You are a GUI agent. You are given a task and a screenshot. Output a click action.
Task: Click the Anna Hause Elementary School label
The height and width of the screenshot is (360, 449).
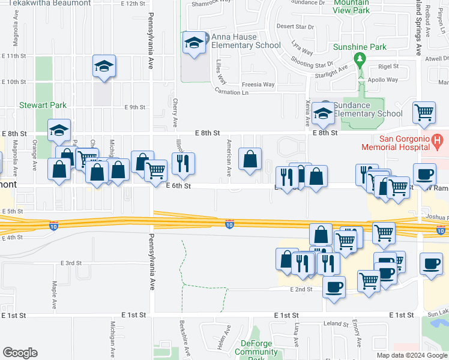[x=246, y=41]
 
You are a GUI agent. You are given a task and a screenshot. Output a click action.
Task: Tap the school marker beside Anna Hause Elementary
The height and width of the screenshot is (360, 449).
[x=194, y=43]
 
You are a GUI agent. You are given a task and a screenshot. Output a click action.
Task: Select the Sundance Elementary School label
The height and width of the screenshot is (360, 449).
[x=369, y=109]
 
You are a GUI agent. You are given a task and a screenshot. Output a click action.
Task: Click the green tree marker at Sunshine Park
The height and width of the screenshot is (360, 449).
[x=360, y=59]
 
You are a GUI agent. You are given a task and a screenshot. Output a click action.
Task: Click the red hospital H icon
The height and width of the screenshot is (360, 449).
[x=438, y=142]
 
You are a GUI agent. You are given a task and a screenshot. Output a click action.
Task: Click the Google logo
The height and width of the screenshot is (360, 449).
[x=20, y=353]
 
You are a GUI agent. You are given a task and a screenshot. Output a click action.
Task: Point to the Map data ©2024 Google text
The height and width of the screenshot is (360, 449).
[x=411, y=355]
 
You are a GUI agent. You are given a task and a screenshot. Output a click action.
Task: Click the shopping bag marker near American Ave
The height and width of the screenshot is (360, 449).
[x=250, y=159]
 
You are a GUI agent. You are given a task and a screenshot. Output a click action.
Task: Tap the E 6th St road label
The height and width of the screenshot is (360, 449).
[x=178, y=187]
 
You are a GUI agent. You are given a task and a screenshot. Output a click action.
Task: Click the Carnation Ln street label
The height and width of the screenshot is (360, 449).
[x=231, y=92]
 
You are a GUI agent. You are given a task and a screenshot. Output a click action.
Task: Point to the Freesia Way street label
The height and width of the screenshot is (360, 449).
[x=259, y=85]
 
